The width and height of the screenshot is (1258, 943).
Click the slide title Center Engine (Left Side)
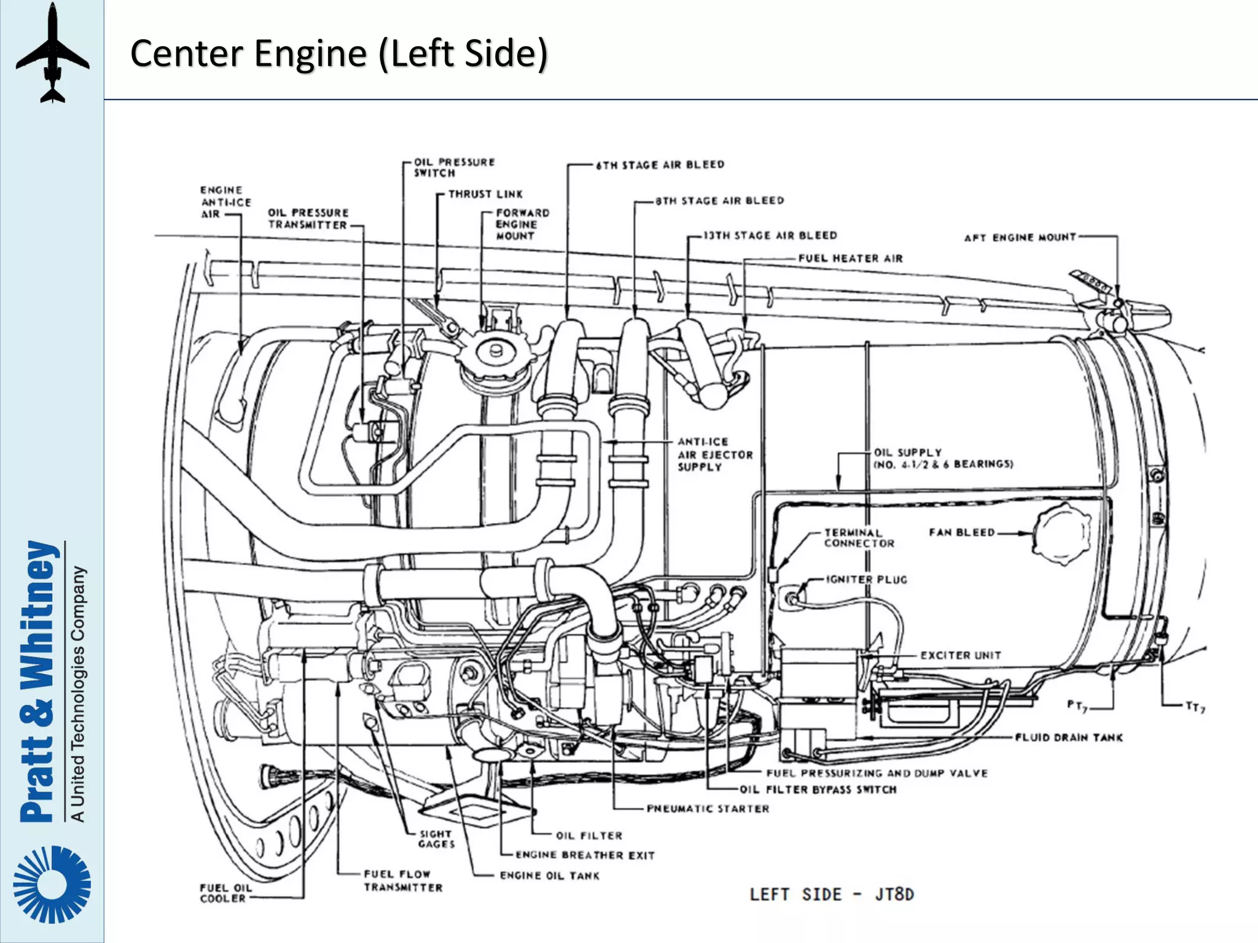[x=338, y=53]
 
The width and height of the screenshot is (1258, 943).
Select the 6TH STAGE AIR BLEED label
[x=660, y=165]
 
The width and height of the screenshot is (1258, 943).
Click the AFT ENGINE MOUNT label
[x=1020, y=238]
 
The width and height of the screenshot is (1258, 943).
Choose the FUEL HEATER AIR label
[x=850, y=258]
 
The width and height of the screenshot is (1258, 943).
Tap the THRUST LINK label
[x=485, y=194]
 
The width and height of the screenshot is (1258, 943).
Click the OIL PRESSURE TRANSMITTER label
[x=308, y=219]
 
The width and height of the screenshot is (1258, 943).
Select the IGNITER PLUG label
[x=866, y=580]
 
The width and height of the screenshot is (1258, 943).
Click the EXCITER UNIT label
[x=960, y=656]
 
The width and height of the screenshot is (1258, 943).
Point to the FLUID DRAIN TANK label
[x=1068, y=737]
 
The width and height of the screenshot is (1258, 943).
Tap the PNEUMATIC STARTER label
[x=708, y=809]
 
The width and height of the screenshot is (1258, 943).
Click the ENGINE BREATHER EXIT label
[x=585, y=855]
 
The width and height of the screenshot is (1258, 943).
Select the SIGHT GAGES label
[x=436, y=839]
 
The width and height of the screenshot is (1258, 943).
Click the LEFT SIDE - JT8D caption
[x=832, y=894]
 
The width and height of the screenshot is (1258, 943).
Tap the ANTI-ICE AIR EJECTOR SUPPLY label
[x=714, y=454]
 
